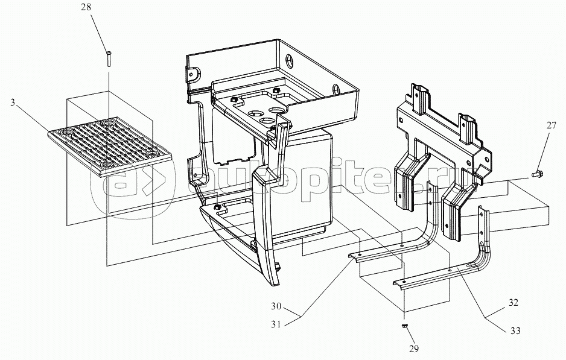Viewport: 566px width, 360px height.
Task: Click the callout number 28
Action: [86, 7]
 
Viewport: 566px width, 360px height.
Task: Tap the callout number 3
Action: [13, 103]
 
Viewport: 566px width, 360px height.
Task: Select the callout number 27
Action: [551, 125]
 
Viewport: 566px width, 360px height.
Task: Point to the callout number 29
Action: [414, 349]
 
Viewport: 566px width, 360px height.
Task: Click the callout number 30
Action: [276, 306]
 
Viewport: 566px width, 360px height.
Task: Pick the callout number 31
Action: [276, 324]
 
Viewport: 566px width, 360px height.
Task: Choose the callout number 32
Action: [514, 303]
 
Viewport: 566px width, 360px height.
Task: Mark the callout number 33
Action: [515, 330]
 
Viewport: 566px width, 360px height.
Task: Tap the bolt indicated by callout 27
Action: [536, 175]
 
